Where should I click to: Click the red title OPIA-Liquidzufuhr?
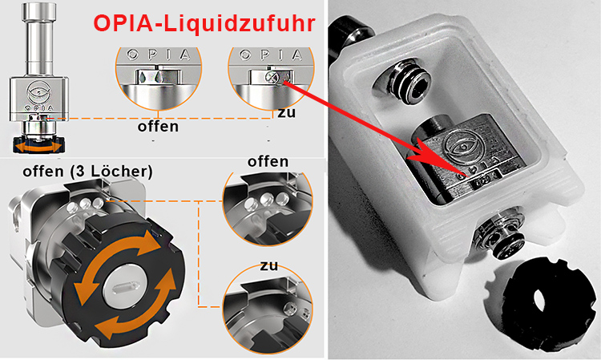point(204,23)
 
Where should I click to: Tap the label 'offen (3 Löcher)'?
point(88,172)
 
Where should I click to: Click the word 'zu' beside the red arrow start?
point(287,113)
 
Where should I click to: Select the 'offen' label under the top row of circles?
point(158,126)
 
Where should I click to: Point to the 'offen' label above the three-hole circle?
point(268,161)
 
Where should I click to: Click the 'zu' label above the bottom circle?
point(269,265)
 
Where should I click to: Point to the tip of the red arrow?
point(466,176)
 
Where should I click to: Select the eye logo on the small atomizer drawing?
point(39,92)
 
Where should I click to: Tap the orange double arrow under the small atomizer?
point(38,148)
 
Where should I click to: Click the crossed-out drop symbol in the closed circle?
point(271,77)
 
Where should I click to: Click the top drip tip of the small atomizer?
point(38,10)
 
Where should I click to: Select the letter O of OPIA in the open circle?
point(132,55)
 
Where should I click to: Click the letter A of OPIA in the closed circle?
point(297,55)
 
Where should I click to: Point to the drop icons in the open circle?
point(150,77)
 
